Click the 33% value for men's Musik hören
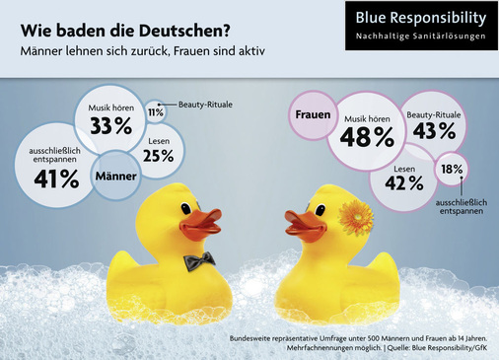109,125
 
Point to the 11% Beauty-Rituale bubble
156,112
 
